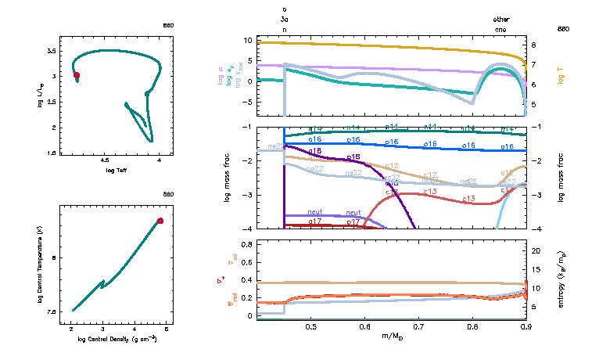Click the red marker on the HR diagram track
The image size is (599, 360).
click(x=77, y=75)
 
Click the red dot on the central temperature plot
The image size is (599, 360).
click(x=160, y=221)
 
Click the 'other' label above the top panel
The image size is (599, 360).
click(x=500, y=18)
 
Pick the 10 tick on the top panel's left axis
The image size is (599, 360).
click(x=247, y=40)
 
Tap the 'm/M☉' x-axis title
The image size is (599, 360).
click(x=391, y=338)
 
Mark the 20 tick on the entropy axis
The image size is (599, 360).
click(x=536, y=251)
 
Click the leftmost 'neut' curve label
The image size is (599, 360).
click(x=315, y=212)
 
